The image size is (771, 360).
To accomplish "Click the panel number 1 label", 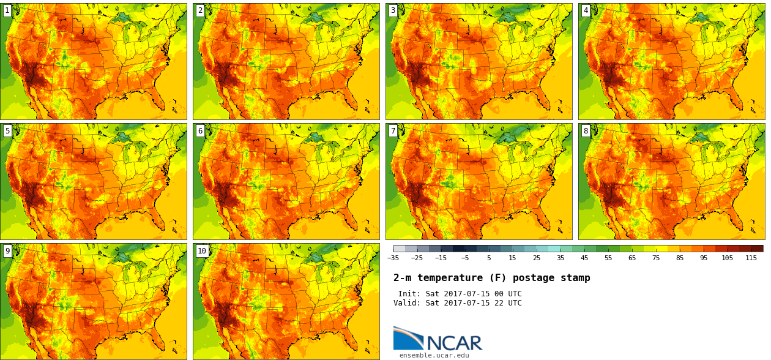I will (7, 10).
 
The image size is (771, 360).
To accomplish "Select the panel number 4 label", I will (586, 10).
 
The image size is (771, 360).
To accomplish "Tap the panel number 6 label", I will (200, 130).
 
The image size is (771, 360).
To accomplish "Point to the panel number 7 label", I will (393, 130).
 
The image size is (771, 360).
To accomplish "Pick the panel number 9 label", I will (7, 250).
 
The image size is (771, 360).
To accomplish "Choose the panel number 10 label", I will (202, 250).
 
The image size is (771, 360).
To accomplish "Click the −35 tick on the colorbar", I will (393, 258).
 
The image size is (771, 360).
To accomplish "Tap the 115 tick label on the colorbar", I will (751, 258).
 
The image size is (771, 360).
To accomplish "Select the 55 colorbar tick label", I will (608, 258).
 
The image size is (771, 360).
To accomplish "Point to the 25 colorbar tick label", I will (536, 258).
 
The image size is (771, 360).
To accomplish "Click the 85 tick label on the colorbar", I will (679, 258).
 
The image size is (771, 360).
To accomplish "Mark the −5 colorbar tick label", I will (464, 258).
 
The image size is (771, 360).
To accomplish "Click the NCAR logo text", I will (454, 343).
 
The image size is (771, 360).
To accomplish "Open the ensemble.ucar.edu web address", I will (434, 355).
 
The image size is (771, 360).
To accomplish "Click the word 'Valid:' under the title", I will (407, 303).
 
